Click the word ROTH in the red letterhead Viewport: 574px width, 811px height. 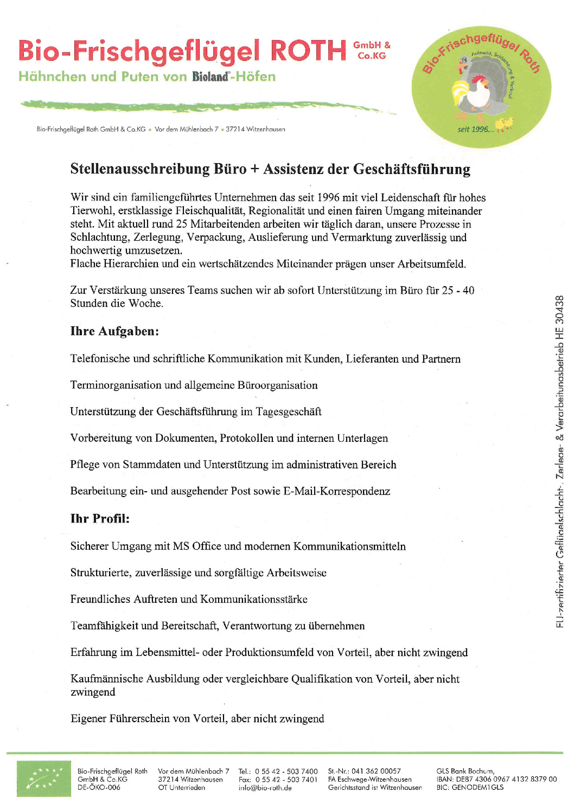click(x=308, y=51)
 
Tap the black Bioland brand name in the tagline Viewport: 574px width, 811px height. click(x=211, y=77)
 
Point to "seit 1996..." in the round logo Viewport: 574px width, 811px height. click(x=475, y=130)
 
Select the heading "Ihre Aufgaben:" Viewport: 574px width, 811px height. click(x=114, y=331)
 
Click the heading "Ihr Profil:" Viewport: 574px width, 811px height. click(x=100, y=519)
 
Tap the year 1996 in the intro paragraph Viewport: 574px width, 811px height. click(x=329, y=197)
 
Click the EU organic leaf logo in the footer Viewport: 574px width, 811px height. click(x=43, y=779)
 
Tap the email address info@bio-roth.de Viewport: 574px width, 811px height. click(x=265, y=788)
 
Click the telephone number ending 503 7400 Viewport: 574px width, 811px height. click(x=286, y=771)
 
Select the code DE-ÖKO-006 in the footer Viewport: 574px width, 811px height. click(x=99, y=788)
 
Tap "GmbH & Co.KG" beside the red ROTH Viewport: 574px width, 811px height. click(x=372, y=50)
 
